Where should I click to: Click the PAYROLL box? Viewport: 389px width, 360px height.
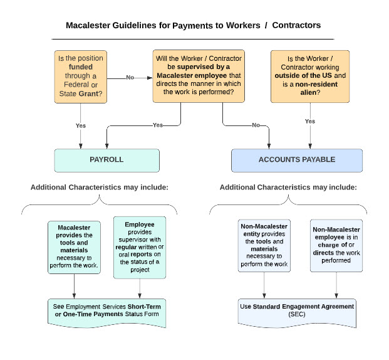coord(106,160)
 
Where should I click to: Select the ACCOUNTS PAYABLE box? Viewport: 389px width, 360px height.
coord(297,160)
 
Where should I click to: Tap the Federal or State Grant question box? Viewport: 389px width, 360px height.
coord(80,77)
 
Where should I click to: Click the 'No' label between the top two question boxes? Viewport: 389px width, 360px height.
coord(130,78)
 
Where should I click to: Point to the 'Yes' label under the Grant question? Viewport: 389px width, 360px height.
coord(81,125)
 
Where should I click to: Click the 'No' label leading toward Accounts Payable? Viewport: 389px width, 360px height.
coord(256,125)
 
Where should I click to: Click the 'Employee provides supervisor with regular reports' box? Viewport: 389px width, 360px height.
coord(140,247)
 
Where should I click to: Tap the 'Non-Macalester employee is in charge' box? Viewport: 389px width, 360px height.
coord(336,245)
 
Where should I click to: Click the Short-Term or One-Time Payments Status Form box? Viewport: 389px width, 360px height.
coord(107,310)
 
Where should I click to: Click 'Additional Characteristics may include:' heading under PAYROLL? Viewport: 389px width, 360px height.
coord(100,187)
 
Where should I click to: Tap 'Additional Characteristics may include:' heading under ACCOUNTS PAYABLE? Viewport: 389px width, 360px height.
coord(288,187)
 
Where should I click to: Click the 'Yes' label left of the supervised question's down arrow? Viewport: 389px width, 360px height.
coord(158,125)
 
